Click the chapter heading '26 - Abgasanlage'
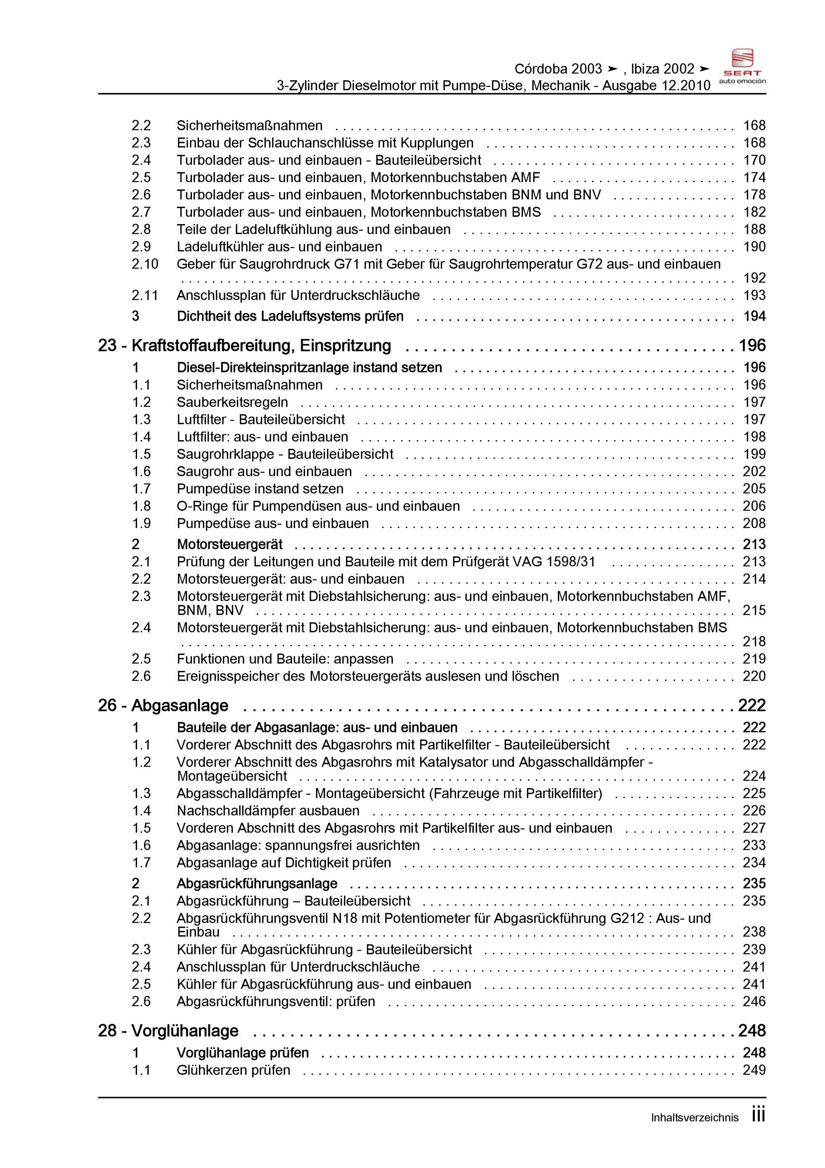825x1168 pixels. point(163,706)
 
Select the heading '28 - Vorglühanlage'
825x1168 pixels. point(168,1031)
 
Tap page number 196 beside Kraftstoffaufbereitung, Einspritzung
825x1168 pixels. point(752,346)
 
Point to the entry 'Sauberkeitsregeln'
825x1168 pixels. point(232,403)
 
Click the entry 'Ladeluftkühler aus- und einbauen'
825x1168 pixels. point(279,247)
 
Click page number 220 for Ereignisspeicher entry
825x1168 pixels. point(754,676)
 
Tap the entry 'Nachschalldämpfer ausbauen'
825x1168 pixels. point(268,811)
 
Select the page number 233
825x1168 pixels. point(754,846)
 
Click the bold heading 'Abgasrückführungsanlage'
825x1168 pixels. point(257,884)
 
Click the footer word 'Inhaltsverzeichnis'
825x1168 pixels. point(694,1118)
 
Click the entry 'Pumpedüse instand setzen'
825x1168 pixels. point(260,489)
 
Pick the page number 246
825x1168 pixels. point(754,1002)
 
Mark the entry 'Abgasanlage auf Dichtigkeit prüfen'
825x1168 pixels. point(284,863)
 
